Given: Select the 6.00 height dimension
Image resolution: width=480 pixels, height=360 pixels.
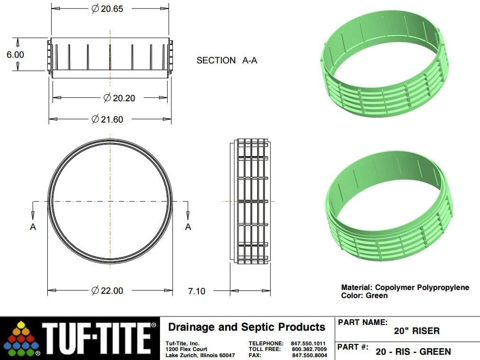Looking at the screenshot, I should (x=15, y=55).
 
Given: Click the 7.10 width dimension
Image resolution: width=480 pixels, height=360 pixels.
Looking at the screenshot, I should (x=196, y=291).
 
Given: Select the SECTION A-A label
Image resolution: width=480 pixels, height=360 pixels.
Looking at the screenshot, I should (x=227, y=61).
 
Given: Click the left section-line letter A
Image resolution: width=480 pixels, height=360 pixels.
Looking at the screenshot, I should (x=33, y=227).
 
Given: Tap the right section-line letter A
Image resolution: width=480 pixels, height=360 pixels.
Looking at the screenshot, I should (x=188, y=227).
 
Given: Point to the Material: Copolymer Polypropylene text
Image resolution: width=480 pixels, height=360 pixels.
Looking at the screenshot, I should (x=405, y=287).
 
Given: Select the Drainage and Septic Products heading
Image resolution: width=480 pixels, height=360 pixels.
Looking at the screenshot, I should (x=247, y=327).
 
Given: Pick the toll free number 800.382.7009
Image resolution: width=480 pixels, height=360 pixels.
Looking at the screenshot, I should (x=309, y=349).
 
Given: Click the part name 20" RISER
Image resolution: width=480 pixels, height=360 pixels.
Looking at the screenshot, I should (x=417, y=331).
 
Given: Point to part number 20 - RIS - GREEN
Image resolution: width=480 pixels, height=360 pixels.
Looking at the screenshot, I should (x=413, y=351).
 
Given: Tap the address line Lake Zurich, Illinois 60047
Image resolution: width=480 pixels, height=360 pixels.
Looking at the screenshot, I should (x=200, y=355).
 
